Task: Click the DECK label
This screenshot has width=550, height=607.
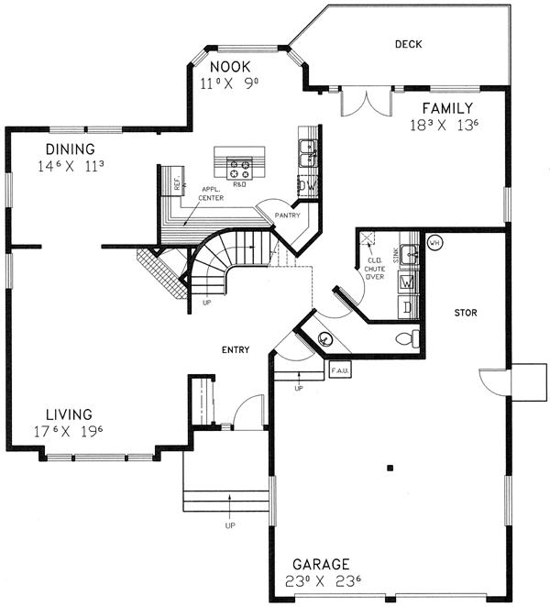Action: point(408,44)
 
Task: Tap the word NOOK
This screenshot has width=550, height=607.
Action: point(228,67)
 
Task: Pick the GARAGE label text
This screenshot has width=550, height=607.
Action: point(320,563)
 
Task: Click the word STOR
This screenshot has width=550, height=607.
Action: point(466,314)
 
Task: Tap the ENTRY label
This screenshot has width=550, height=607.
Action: point(236,349)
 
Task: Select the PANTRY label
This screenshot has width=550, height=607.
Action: point(287,217)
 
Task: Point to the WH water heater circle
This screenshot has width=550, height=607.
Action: point(434,243)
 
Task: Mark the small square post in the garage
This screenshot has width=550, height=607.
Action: point(390,469)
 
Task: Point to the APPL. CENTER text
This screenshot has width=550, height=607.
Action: point(211,193)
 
